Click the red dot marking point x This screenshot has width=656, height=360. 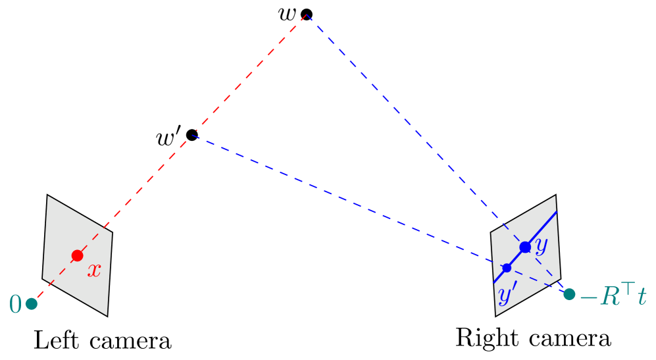point(77,255)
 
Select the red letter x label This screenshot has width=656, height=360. point(94,270)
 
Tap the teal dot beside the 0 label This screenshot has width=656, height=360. point(32,303)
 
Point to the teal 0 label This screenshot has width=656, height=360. point(15,304)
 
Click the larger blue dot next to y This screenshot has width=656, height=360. point(525,247)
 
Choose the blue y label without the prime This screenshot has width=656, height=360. point(541,245)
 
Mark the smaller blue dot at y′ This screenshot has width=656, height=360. point(507,268)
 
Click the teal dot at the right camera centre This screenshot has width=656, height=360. point(569,294)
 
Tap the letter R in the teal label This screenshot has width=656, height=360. point(610,297)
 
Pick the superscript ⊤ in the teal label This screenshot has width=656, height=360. point(628,288)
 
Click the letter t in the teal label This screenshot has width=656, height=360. point(642,297)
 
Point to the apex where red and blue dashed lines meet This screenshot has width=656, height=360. point(307,14)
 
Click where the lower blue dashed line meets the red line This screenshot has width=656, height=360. point(193,134)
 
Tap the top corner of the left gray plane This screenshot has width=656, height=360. point(47,195)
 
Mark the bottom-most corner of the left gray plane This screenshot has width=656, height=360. point(107,315)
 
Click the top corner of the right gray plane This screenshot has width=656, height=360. point(555,195)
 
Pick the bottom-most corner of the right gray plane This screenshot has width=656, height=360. point(496,315)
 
